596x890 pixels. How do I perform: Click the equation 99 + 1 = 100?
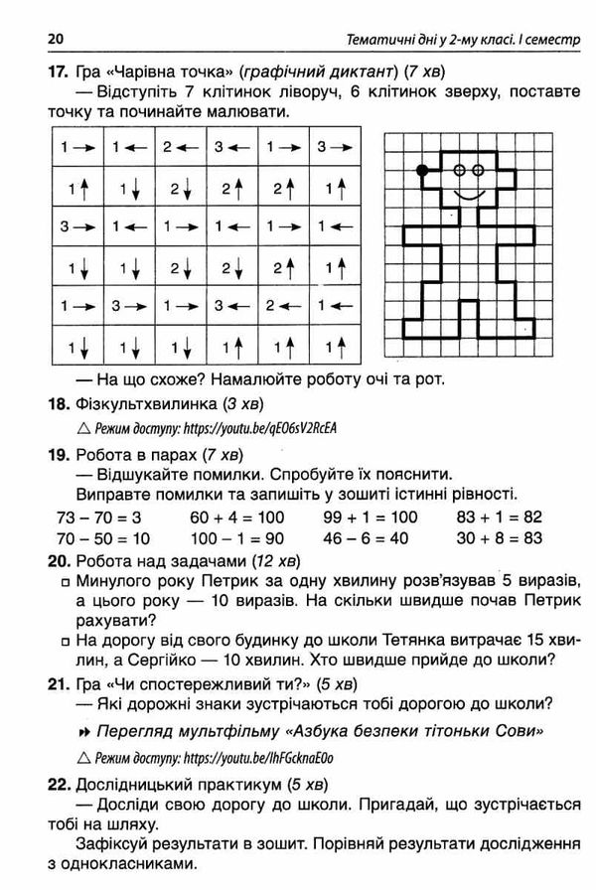click(371, 518)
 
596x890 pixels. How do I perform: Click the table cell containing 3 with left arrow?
click(230, 147)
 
